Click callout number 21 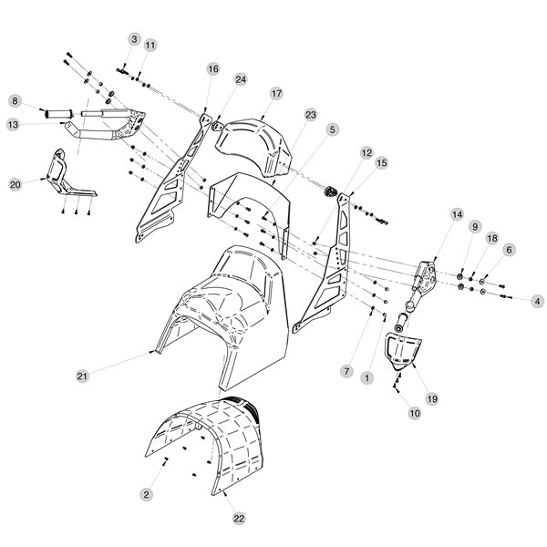point(82,376)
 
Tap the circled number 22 point(239,519)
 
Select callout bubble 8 point(15,101)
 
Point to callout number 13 point(14,125)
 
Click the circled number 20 point(15,184)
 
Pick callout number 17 point(276,94)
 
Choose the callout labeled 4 point(537,301)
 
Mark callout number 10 point(415,413)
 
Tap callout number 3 point(134,39)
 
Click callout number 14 point(457,214)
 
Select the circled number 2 point(146,494)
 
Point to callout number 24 point(241,79)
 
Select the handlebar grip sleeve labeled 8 point(58,114)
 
